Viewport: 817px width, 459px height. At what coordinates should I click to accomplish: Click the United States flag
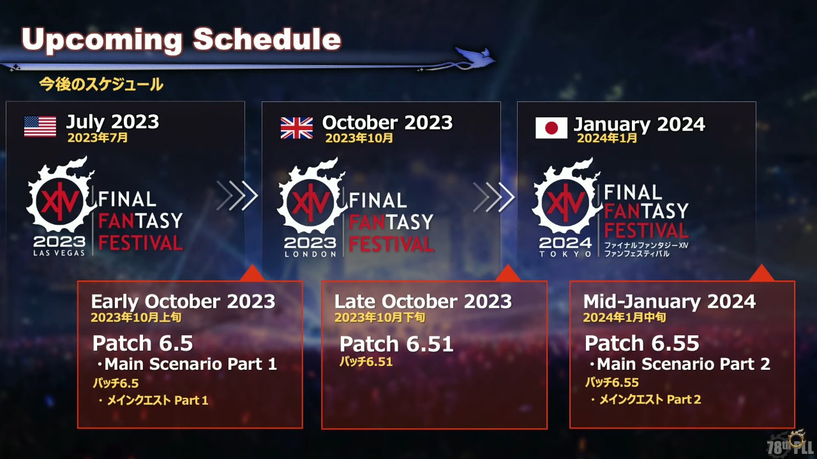coord(40,126)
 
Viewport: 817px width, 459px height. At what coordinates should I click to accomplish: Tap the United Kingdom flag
coord(297,128)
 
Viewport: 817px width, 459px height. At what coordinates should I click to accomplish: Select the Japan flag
coord(551,128)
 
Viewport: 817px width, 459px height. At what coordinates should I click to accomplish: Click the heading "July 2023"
coord(112,122)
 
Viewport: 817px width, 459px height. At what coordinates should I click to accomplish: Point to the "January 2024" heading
coord(639,124)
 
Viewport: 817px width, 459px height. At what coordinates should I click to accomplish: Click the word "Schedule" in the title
coord(267,39)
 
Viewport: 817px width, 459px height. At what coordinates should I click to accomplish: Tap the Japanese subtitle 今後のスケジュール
coord(101,84)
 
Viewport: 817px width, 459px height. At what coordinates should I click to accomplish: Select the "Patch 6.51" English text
coord(396,344)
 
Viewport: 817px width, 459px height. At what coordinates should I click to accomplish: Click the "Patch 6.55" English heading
coord(642,343)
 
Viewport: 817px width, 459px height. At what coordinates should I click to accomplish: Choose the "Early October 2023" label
coord(183,302)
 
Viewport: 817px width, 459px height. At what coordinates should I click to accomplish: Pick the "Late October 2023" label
coord(423,302)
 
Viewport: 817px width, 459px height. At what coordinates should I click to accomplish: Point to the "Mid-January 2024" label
coord(670,302)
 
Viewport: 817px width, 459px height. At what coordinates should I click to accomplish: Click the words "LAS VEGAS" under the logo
coord(59,253)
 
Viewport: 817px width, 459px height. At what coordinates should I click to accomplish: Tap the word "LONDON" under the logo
coord(310,254)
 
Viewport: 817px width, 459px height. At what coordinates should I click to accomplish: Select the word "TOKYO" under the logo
coord(565,254)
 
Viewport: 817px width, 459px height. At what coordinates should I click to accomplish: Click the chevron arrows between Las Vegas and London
coord(237,196)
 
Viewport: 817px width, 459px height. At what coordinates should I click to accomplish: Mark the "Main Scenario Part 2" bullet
coord(680,364)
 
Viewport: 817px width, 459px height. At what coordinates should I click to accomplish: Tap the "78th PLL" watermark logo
coord(790,444)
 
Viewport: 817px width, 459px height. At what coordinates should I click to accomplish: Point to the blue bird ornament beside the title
coord(474,57)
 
